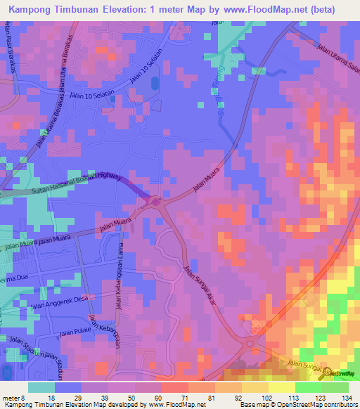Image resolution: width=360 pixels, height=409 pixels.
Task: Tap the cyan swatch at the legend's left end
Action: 41,387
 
